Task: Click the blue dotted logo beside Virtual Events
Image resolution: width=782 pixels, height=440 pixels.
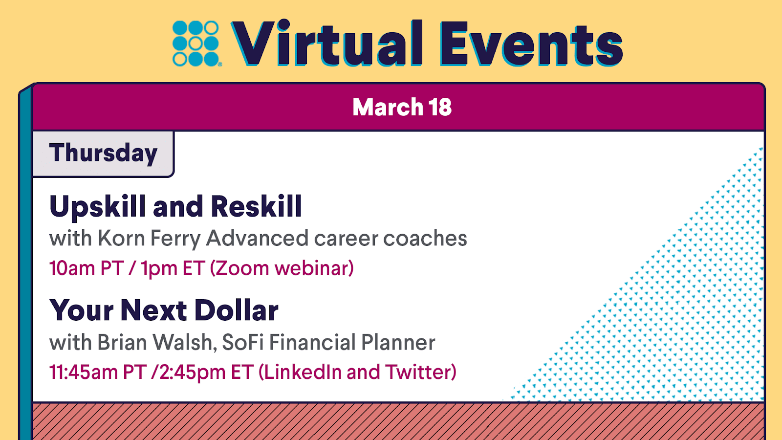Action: [x=196, y=44]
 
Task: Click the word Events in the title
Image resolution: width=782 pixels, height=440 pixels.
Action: [x=531, y=44]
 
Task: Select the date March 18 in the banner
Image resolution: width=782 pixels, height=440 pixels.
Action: [x=402, y=107]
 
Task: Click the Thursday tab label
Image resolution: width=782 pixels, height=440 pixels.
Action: [x=103, y=153]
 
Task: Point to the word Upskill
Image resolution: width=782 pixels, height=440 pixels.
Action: [x=97, y=207]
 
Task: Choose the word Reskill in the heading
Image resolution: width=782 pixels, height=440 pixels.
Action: [x=256, y=206]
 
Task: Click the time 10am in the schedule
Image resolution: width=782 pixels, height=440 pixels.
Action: [x=72, y=268]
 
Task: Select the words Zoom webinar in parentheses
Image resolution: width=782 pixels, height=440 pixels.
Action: [x=282, y=268]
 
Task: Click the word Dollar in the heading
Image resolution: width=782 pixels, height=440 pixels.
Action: [x=237, y=310]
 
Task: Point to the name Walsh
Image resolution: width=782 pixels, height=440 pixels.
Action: [x=184, y=342]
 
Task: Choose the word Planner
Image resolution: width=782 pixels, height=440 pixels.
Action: [x=398, y=342]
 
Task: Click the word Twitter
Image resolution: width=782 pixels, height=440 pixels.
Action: [x=418, y=372]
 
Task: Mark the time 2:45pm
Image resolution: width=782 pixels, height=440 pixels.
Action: [x=193, y=372]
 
